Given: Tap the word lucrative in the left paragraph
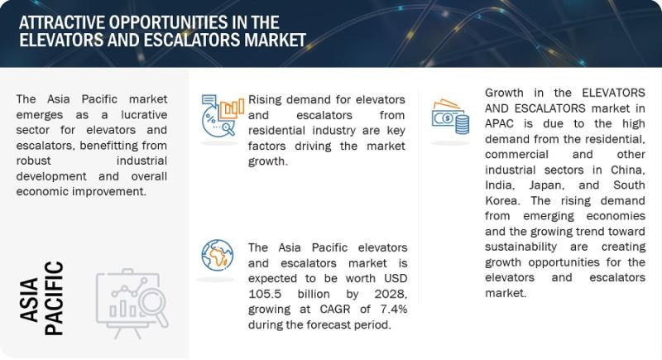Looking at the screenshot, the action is pos(144,115).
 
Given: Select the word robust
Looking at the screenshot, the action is pos(33,161).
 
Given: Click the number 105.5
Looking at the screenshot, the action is pos(265,294).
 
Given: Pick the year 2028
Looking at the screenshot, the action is pos(391,294).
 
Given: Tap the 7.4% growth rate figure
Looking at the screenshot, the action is pos(394,310).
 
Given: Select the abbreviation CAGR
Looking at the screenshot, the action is pos(335,310).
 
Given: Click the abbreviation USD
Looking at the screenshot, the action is pos(396,279).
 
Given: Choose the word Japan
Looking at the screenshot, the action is pos(547,185).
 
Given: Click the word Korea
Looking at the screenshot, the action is pos(501,200).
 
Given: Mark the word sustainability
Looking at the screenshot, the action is pos(521,247).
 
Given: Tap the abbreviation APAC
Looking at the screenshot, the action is pos(500,124).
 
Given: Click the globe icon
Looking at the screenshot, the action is pos(217,255).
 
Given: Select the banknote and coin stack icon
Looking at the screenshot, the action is pos(450,117).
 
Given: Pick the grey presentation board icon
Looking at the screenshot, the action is pos(132,304).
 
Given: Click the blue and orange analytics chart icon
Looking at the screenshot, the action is pos(223,115).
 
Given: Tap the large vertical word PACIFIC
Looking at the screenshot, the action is pos(54,299).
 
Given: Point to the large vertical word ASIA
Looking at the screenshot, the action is pos(29,300).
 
